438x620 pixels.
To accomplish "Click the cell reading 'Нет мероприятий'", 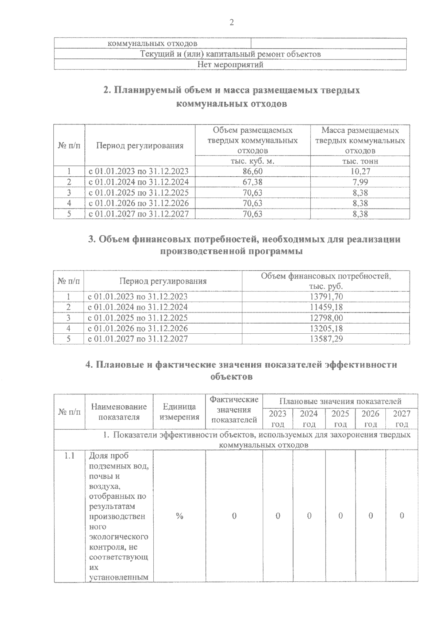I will point(230,65).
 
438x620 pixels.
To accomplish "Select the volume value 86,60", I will point(253,171).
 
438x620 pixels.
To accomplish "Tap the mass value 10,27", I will point(360,171).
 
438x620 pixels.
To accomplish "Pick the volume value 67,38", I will point(253,182).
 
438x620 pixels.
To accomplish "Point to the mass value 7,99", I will point(360,182).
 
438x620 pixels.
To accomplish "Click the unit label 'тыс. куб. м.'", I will point(253,161).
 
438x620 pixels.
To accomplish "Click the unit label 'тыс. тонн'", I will point(360,161).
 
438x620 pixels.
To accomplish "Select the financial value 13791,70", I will point(326,296).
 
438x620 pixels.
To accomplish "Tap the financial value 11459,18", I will point(326,307).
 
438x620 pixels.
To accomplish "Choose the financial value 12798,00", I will point(326,318).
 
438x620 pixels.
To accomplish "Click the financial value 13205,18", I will point(326,328).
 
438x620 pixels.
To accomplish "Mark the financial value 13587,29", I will point(326,339).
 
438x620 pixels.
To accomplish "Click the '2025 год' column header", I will point(340,419).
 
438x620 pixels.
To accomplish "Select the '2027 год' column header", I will point(402,419).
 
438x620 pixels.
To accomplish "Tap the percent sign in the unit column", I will point(179,516).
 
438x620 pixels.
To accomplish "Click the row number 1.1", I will point(69,456).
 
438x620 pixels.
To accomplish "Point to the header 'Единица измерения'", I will point(179,412).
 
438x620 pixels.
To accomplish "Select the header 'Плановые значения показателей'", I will point(340,401).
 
